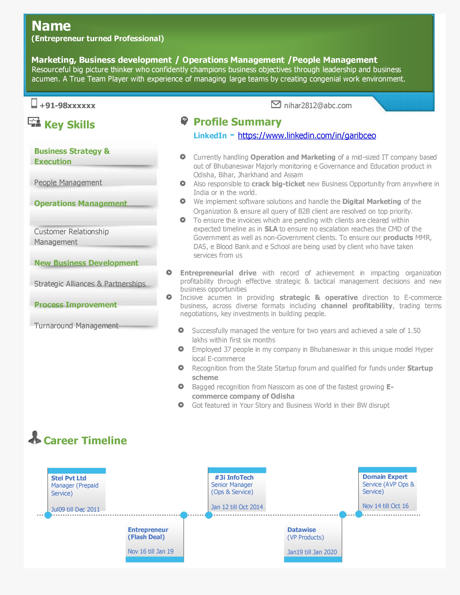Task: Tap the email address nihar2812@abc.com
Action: (318, 105)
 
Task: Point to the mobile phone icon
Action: (34, 103)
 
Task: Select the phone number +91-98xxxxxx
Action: (68, 105)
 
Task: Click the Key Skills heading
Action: (69, 125)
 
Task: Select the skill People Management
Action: (68, 182)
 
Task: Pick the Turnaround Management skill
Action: (76, 326)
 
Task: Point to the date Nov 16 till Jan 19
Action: (150, 551)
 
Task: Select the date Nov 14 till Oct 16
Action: (385, 506)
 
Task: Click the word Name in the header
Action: (51, 26)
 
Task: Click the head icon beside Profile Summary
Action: (184, 121)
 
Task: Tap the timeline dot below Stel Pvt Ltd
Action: (48, 515)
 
